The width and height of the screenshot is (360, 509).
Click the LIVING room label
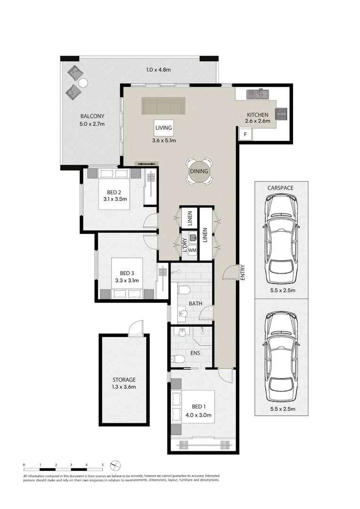tap(164, 128)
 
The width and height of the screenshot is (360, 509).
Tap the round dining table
tap(199, 171)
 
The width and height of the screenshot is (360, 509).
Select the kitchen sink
tap(258, 94)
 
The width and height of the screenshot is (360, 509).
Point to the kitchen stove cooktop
tap(281, 114)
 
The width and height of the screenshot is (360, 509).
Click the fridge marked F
tap(245, 134)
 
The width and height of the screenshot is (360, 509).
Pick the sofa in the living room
tap(164, 106)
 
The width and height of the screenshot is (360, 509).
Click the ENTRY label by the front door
tap(242, 272)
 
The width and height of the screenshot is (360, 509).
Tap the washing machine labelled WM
tap(192, 250)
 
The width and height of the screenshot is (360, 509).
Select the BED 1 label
tap(199, 406)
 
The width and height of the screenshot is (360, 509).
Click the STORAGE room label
tap(124, 379)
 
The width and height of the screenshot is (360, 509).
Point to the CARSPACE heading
tap(280, 188)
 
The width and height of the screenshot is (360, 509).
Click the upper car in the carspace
tap(281, 238)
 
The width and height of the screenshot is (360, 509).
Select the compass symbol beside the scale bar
tap(115, 466)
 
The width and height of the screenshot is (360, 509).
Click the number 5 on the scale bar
tap(102, 465)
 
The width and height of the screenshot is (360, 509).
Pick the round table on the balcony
tap(83, 83)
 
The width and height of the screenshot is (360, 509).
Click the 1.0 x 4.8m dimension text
tap(158, 69)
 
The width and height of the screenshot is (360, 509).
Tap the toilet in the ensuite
tap(178, 359)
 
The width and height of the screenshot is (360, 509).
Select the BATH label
tap(196, 304)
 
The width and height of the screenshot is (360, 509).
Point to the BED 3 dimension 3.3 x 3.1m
tap(127, 280)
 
